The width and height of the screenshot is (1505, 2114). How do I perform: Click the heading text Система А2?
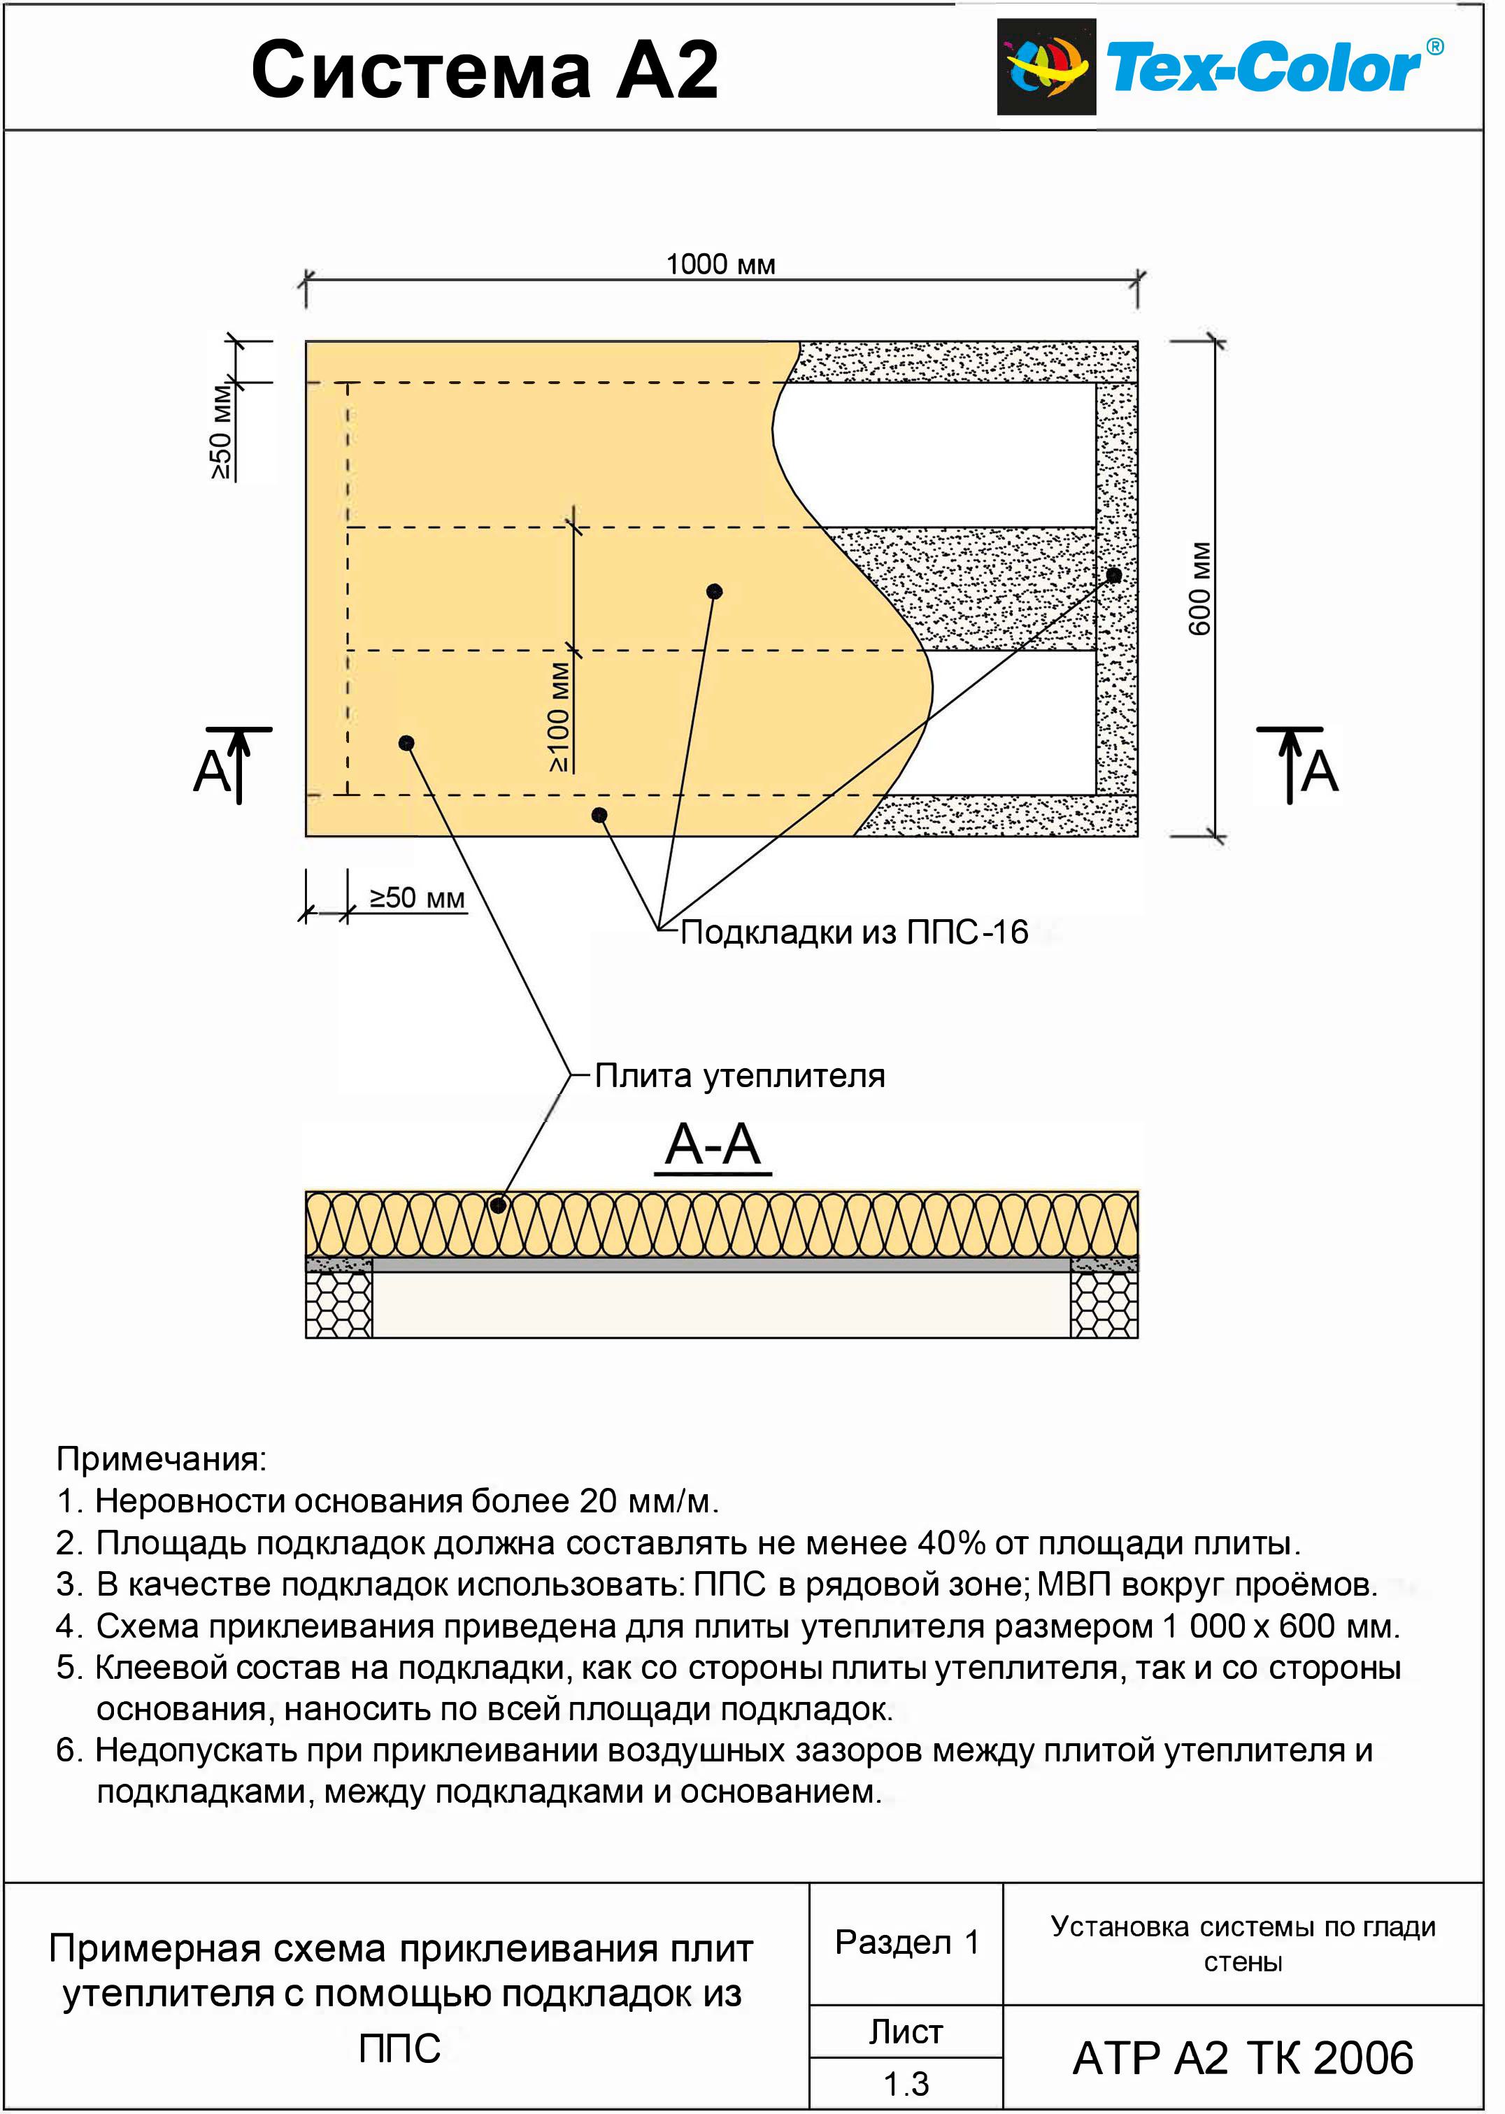485,71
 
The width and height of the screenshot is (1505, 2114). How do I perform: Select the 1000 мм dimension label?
721,265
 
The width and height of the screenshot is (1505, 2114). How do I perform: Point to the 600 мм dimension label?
1200,588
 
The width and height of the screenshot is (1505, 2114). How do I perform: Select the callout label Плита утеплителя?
739,1076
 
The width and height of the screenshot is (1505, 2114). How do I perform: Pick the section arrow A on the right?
1297,765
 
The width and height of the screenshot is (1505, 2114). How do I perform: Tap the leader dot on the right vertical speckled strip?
1114,576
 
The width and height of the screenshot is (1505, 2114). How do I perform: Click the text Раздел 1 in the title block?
907,1943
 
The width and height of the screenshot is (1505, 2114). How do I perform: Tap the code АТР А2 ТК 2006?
1243,2059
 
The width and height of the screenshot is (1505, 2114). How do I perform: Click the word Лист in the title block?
906,2031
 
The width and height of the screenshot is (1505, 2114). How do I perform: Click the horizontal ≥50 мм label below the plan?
417,897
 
